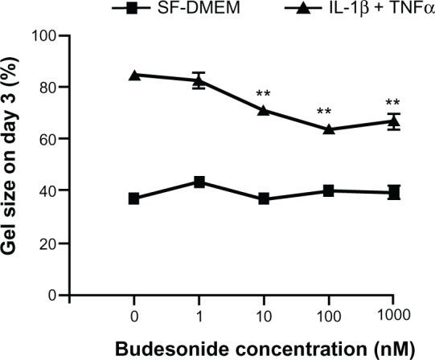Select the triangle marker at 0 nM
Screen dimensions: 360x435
[133, 75]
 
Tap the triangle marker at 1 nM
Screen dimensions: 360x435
[198, 80]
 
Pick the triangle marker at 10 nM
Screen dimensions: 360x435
[263, 110]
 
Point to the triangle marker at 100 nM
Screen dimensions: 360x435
[327, 129]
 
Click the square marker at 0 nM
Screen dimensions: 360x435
[133, 198]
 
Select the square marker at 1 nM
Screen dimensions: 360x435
[198, 182]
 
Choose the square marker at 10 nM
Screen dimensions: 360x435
[263, 198]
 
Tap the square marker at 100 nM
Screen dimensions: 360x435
[327, 191]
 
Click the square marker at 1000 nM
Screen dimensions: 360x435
[392, 193]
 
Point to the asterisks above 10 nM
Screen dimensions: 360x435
[263, 94]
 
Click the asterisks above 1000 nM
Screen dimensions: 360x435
[392, 103]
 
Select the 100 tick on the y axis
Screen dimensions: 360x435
[49, 35]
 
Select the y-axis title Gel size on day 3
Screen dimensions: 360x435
[14, 165]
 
